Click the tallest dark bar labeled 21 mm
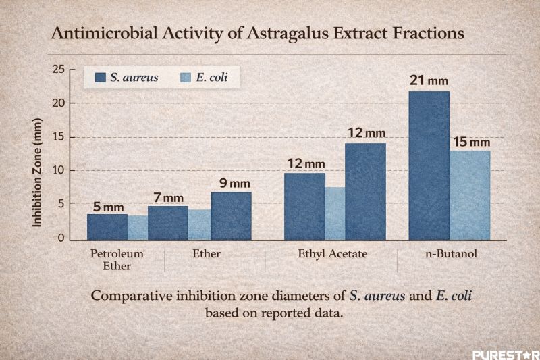coord(429,165)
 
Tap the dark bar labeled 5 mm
coord(107,226)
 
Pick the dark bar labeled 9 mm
coord(231,215)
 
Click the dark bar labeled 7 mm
coord(168,222)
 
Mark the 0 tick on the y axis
coord(61,238)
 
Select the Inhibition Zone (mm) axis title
coord(38,179)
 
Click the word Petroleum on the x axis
coord(117,254)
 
